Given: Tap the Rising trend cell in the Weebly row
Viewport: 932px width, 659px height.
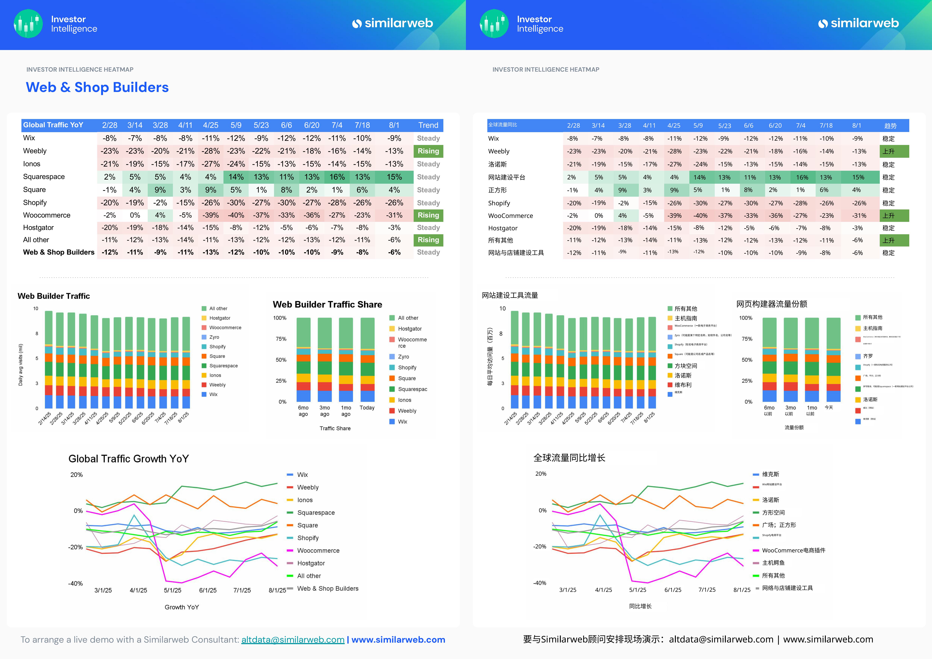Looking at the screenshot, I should point(428,151).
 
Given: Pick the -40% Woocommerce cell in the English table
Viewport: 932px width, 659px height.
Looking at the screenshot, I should point(236,215).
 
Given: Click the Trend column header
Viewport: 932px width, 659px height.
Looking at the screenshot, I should point(428,125).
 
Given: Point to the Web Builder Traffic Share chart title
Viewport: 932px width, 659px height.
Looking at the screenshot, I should point(327,305).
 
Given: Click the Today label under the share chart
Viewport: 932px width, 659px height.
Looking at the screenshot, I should point(367,408).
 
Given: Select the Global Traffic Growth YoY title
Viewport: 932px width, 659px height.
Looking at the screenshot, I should point(129,459).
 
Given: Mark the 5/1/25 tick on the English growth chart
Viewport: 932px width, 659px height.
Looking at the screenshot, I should point(173,590).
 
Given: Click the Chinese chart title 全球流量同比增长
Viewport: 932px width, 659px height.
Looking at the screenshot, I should point(569,458).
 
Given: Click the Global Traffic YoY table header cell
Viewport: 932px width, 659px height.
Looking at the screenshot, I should point(53,125).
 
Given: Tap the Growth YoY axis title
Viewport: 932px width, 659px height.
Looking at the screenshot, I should point(181,607).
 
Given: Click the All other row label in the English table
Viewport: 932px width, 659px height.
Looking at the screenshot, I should point(36,240).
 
